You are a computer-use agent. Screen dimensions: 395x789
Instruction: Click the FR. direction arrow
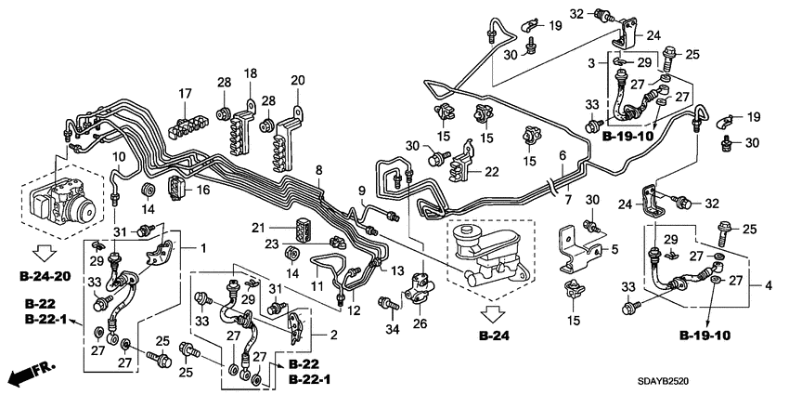29,375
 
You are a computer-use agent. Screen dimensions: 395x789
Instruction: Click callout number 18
250,73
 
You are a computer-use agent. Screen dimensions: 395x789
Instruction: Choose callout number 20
297,80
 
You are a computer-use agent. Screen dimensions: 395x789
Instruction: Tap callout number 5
614,249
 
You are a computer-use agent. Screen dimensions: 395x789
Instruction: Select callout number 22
491,170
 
